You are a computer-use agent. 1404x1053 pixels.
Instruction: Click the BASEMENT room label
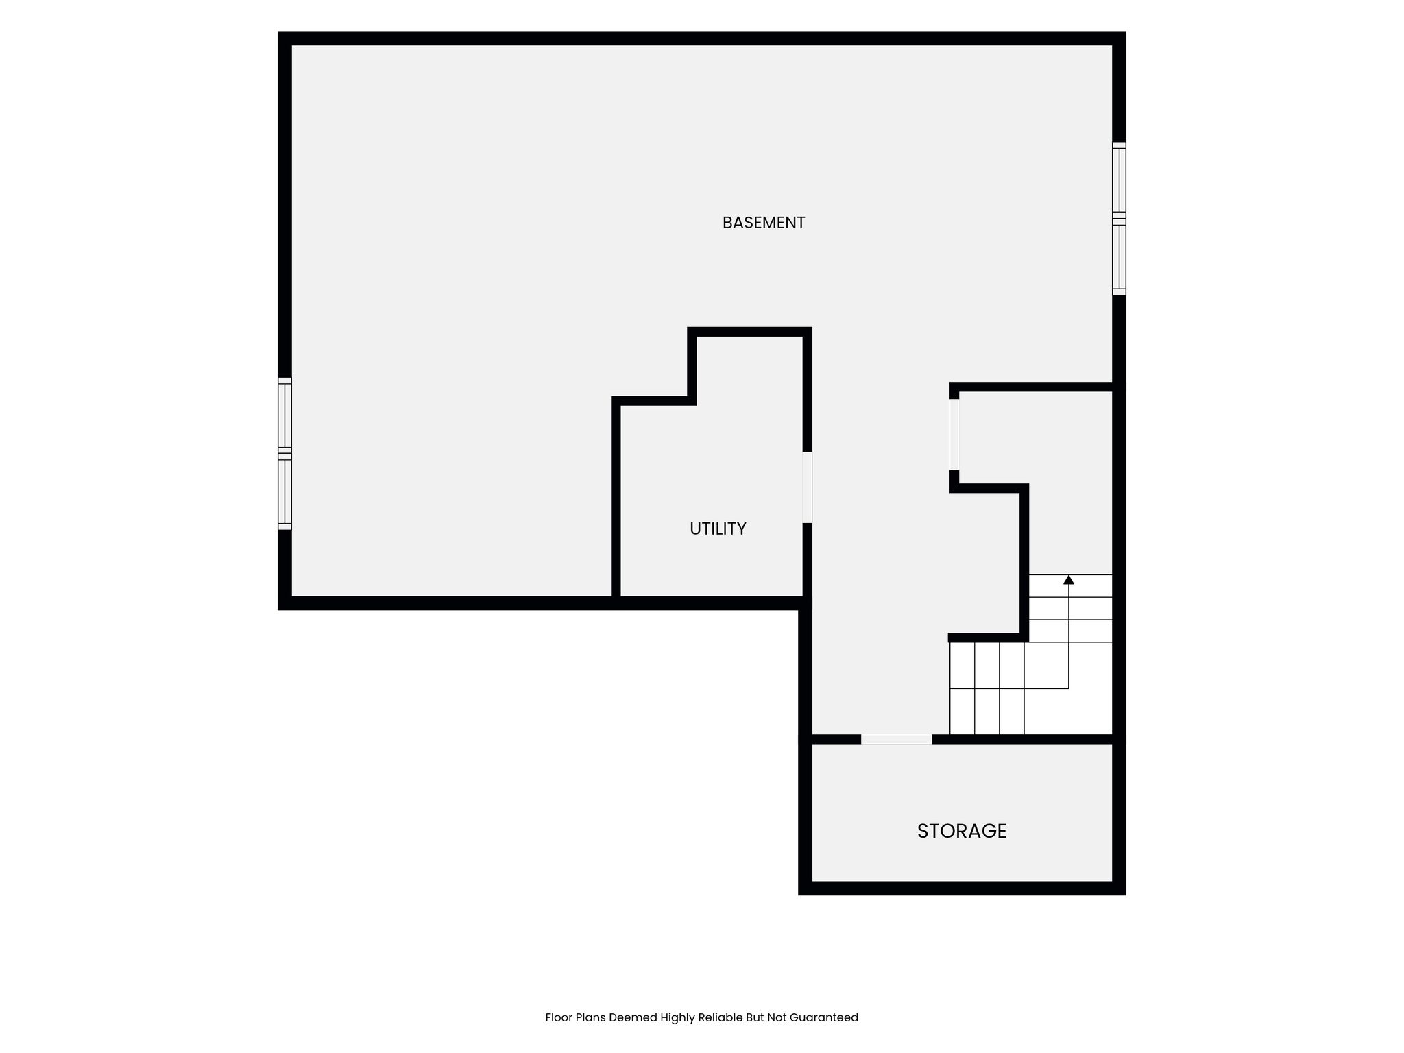763,223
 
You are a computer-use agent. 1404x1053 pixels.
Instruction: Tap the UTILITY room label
718,529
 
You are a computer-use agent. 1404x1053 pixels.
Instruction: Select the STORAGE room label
962,831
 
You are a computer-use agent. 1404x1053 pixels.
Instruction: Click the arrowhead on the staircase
1069,580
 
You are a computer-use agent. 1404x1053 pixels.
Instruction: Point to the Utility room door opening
808,487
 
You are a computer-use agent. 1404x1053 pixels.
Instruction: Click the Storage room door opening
897,739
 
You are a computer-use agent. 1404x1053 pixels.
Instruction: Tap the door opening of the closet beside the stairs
954,435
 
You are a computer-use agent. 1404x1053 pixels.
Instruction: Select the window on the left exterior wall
285,453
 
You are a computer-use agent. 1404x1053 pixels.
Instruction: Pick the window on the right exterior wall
1119,219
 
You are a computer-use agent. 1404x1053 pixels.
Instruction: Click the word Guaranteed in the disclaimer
824,1017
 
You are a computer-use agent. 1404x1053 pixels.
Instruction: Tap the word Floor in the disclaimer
559,1017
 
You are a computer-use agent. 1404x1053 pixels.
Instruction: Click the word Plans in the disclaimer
591,1017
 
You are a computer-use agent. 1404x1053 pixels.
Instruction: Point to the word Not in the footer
777,1017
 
